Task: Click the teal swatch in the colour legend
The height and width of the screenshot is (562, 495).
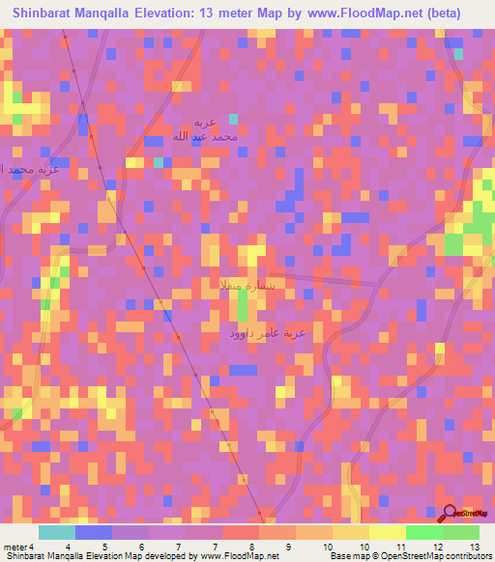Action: point(56,532)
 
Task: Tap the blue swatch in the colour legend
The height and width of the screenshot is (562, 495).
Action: point(93,532)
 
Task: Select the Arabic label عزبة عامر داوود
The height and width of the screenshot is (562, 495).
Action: point(268,333)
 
